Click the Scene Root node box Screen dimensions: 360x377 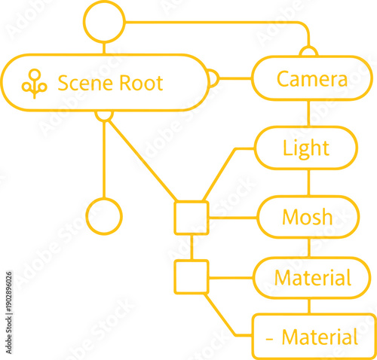(x=106, y=83)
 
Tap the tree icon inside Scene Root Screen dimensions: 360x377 (x=34, y=84)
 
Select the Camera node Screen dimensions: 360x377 (x=311, y=78)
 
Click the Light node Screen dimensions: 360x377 (x=306, y=148)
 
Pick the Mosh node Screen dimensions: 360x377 (x=307, y=218)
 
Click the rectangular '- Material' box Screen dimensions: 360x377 (x=314, y=337)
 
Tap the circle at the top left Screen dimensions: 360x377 (x=103, y=22)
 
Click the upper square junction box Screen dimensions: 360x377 (x=191, y=218)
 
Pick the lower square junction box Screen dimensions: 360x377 (x=191, y=276)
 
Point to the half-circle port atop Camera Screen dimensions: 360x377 (x=308, y=52)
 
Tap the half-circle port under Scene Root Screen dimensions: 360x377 (x=104, y=115)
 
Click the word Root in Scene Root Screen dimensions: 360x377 (x=140, y=83)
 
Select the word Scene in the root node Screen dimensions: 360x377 (x=84, y=83)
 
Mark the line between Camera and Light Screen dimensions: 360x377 (x=308, y=113)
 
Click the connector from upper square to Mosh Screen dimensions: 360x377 (x=234, y=218)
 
